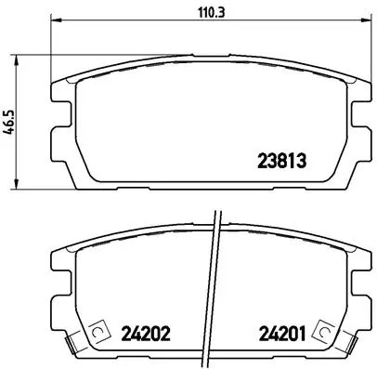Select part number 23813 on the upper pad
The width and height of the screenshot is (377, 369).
(x=280, y=159)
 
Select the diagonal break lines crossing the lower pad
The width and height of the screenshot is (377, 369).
(x=214, y=288)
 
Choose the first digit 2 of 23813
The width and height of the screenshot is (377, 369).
(x=261, y=159)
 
